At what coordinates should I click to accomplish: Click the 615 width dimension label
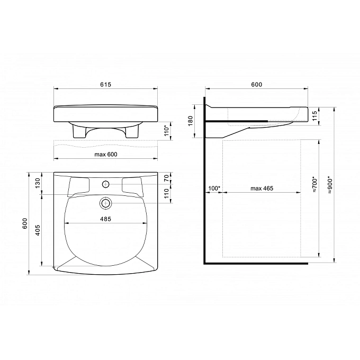coord(105,85)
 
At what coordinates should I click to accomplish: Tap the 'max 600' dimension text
coord(106,154)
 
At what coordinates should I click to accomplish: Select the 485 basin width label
coord(105,219)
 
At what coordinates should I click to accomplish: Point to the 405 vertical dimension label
coord(38,230)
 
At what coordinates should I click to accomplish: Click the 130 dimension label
coord(38,183)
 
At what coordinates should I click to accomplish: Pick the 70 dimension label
coord(166,178)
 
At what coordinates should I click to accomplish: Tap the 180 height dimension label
coord(191,121)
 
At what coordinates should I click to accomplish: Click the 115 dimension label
coord(314,115)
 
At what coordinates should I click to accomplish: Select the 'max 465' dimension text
coord(262,188)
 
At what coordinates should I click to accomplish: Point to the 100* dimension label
coord(214,188)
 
